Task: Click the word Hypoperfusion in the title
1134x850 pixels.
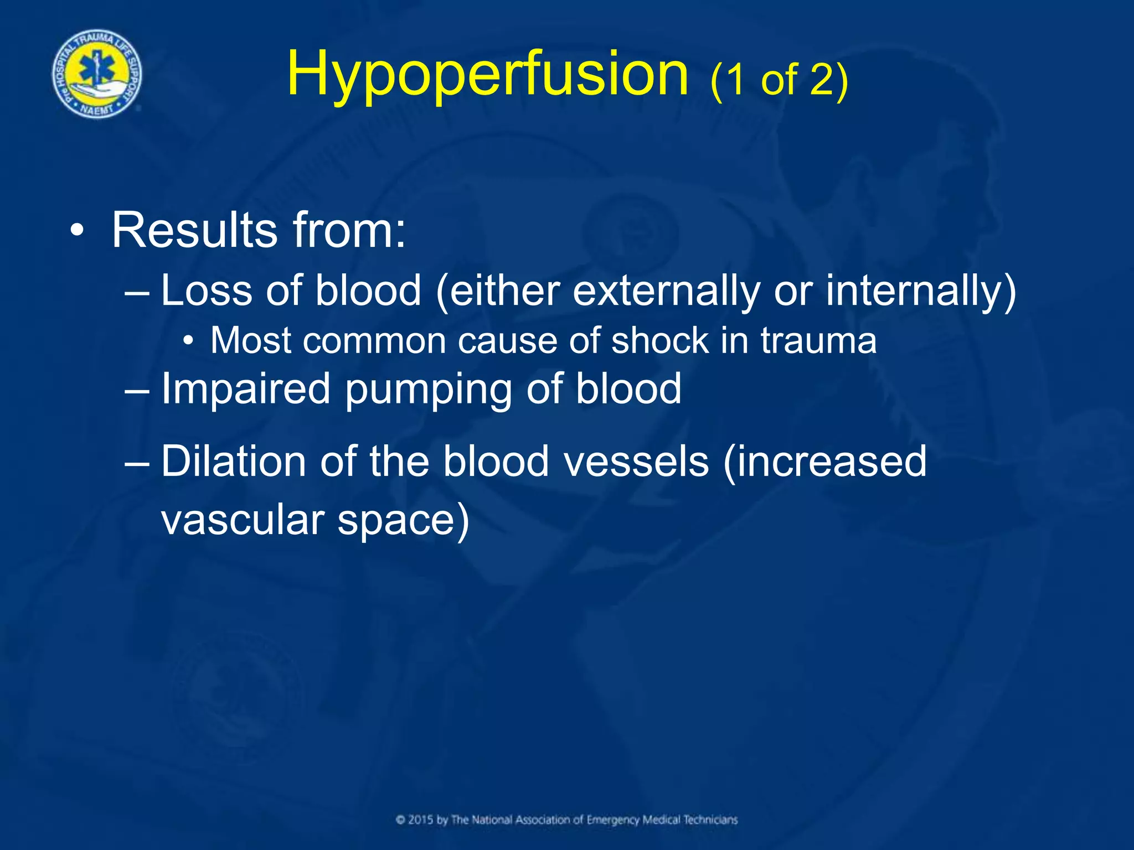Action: click(487, 75)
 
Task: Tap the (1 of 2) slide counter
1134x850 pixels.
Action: click(779, 80)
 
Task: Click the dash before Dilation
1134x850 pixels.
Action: click(137, 462)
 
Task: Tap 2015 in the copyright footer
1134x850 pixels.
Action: click(421, 820)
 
